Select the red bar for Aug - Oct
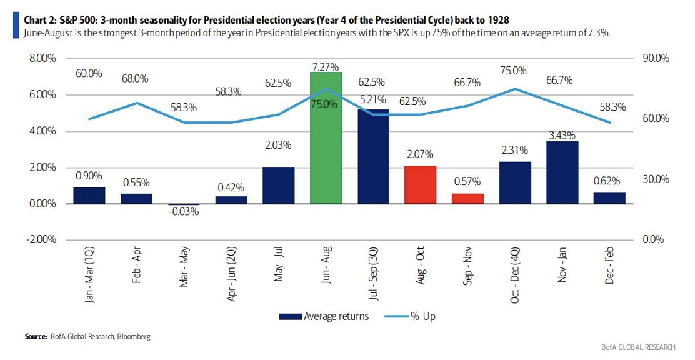point(421,185)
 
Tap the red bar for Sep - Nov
point(467,199)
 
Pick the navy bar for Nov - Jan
point(562,172)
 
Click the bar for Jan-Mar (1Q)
point(89,196)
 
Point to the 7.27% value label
point(326,66)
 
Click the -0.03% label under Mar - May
point(184,212)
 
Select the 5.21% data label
point(373,98)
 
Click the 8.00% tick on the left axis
point(42,58)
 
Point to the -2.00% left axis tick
point(41,240)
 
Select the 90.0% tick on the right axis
point(656,58)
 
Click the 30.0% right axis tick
point(656,179)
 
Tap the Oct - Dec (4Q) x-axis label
point(515,276)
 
